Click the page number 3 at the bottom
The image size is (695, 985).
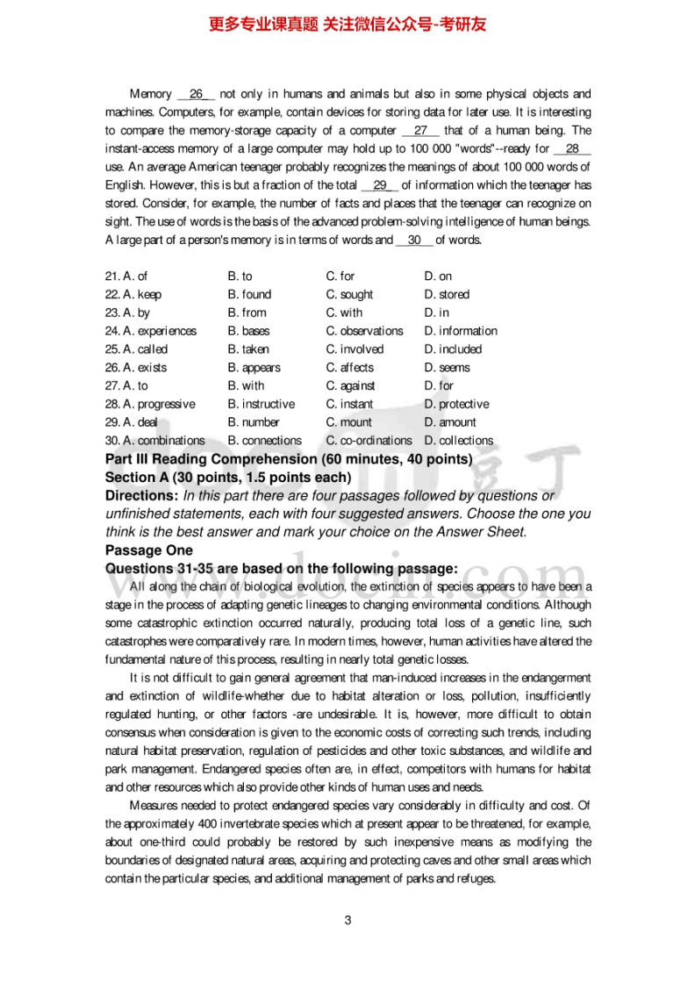[x=347, y=920]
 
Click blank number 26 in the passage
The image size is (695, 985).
[x=196, y=94]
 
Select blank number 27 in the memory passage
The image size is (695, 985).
[x=420, y=131]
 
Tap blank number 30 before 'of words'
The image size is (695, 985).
[x=414, y=240]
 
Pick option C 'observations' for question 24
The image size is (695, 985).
[x=364, y=331]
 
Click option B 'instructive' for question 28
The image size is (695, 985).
[x=261, y=404]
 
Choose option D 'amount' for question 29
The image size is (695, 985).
[x=450, y=422]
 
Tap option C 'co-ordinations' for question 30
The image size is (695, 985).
[x=369, y=441]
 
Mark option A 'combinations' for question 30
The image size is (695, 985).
[x=154, y=441]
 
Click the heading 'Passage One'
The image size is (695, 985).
[x=148, y=550]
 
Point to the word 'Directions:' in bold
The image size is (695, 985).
[x=141, y=495]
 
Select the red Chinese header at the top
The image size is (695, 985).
[x=347, y=24]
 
